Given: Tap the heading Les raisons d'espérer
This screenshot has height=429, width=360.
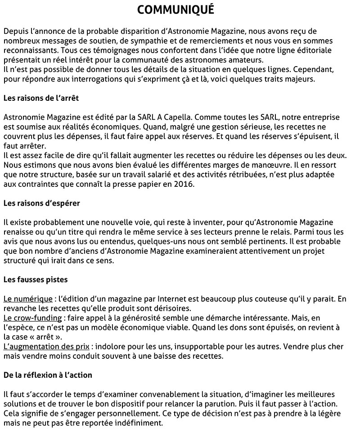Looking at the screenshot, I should (x=42, y=203).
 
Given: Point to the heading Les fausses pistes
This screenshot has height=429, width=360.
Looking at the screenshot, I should (x=36, y=280).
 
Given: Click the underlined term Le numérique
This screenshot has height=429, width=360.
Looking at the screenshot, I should (x=27, y=299).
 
